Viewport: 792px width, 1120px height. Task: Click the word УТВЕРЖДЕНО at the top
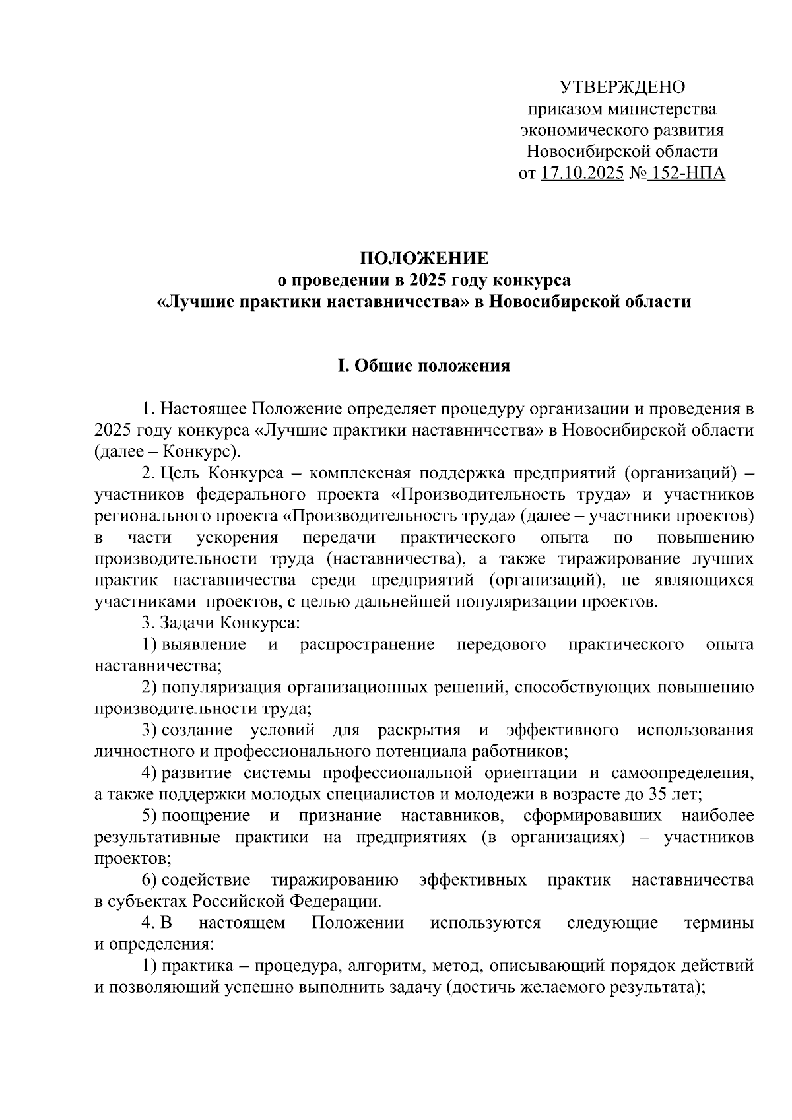622,87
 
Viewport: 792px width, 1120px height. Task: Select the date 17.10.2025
582,174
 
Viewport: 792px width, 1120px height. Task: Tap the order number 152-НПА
686,174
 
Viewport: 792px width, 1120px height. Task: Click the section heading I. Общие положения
424,365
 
